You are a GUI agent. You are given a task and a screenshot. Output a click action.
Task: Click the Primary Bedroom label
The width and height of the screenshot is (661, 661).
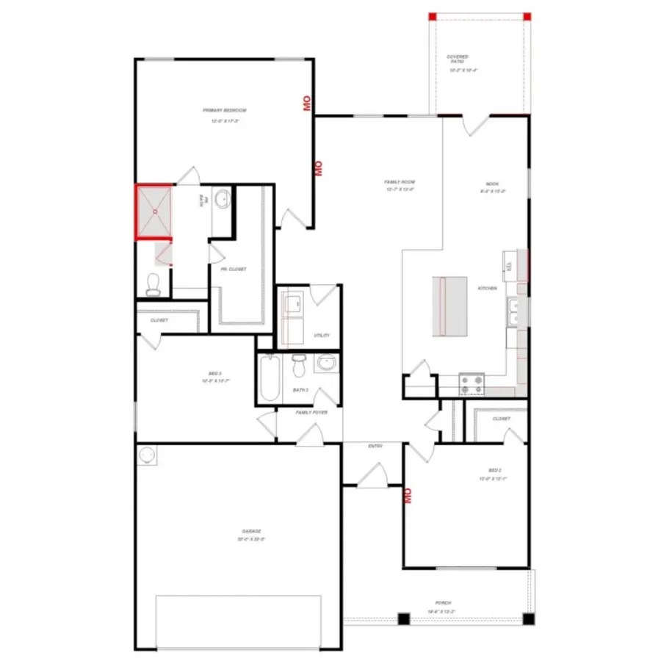coord(224,110)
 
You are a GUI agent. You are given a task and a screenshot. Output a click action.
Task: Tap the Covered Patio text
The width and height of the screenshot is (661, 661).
coord(458,59)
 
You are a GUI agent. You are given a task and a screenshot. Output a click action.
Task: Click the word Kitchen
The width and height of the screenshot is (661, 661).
coord(488,289)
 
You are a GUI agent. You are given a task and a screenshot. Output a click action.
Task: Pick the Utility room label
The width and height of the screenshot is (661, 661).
coord(322,336)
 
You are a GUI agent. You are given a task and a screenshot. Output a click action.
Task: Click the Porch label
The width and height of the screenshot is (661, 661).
coord(443,603)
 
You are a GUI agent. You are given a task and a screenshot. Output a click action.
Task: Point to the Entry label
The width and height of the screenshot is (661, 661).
coord(375,446)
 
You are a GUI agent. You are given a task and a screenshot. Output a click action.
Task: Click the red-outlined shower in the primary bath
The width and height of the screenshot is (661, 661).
coord(154,212)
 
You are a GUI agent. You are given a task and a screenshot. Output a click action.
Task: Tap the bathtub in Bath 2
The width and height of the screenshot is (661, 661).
coord(269,378)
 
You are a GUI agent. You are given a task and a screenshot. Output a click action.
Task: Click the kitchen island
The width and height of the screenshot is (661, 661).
coord(449,306)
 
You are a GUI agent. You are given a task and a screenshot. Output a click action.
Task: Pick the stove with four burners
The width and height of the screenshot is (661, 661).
coord(472,383)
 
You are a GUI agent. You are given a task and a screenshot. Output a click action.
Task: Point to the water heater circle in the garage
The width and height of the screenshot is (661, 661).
coord(148,455)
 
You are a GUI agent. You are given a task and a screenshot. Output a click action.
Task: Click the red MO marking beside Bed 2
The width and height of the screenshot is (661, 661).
coord(407,496)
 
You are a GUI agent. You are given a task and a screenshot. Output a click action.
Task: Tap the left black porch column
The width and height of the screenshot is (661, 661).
coord(404,618)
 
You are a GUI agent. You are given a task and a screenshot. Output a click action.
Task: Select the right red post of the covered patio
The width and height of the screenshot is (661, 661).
coord(527,16)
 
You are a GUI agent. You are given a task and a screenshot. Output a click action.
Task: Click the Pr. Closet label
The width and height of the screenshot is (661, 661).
coord(234,270)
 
